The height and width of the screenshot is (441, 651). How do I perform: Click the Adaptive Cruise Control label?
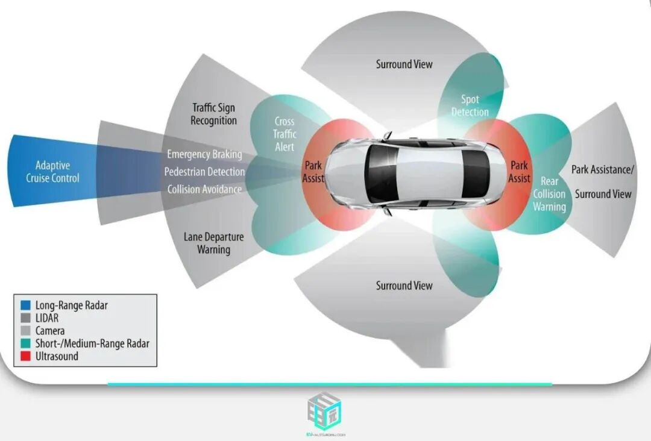52,172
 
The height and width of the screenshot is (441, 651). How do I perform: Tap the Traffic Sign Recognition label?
213,114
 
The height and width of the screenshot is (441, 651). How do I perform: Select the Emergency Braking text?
204,154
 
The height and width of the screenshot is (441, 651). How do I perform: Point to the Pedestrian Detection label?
204,172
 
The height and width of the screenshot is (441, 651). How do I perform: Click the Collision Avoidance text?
204,189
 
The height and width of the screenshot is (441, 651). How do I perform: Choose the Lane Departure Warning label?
213,243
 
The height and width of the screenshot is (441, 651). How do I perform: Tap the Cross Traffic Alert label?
284,134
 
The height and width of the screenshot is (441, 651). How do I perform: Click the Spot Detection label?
470,105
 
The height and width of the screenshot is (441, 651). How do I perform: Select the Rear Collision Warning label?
549,194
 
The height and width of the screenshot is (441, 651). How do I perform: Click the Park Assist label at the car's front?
313,172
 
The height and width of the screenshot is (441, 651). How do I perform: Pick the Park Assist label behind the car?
519,172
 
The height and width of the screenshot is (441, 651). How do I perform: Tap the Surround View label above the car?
404,64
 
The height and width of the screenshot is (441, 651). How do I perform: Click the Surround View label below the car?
404,286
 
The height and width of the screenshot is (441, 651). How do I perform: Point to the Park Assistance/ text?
603,170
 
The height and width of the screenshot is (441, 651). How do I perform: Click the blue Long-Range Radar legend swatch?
25,305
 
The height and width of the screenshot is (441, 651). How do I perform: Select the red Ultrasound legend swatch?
25,356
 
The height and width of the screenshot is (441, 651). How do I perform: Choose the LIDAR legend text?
47,318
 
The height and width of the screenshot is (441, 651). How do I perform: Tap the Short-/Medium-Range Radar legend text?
92,343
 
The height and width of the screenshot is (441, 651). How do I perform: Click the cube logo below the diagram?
325,411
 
